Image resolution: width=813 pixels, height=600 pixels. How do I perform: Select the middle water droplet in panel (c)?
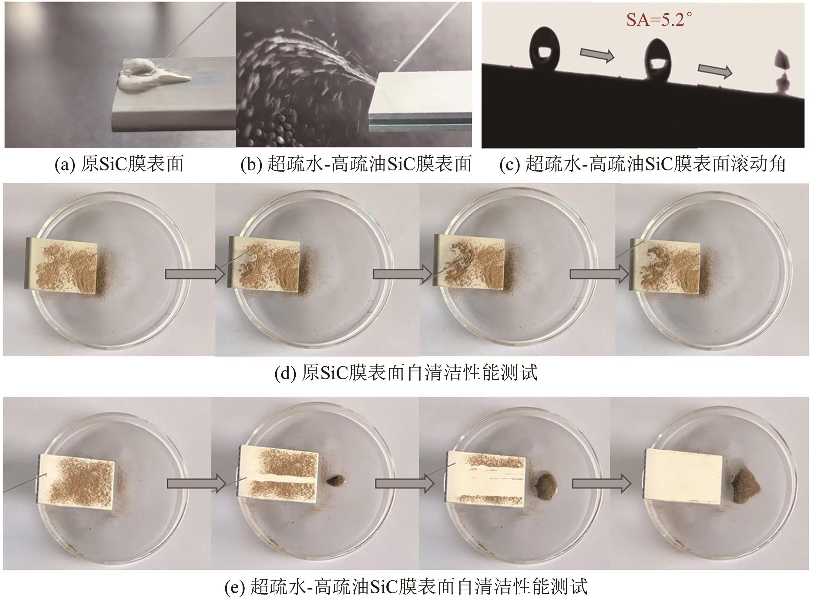(x=659, y=59)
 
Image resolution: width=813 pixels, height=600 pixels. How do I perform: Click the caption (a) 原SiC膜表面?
(x=119, y=164)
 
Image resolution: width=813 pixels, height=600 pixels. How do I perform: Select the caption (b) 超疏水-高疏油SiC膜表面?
(x=356, y=164)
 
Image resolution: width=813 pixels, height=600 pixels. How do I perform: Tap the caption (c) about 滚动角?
(x=643, y=164)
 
